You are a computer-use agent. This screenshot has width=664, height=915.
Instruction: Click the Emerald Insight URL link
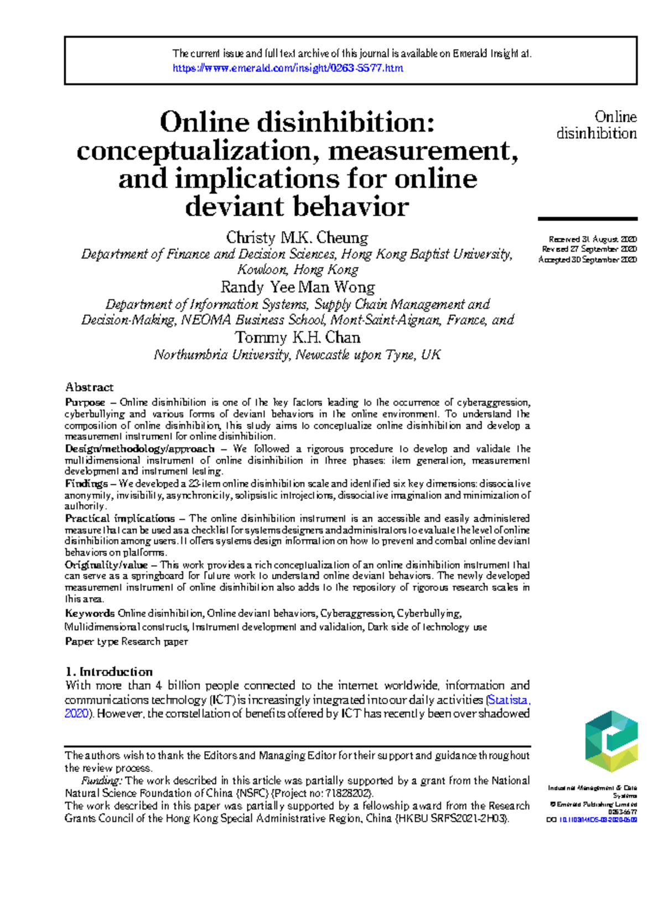coord(288,68)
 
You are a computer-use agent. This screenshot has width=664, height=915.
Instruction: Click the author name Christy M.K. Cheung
coord(297,238)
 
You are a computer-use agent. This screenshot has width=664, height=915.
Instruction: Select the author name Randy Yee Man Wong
coord(298,287)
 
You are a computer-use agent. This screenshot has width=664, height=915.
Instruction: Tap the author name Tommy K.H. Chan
coord(297,337)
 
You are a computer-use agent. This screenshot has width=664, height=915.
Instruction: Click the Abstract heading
coord(89,387)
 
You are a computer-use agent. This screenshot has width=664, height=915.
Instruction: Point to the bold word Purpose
coord(85,402)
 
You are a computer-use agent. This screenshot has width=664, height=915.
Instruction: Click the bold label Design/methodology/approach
coord(139,448)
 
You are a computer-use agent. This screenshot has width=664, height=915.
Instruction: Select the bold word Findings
coord(86,483)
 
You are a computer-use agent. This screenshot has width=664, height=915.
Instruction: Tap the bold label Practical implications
coord(120,518)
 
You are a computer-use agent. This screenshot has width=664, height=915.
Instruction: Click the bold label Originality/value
coord(106,564)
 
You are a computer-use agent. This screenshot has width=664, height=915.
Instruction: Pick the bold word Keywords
coord(90,613)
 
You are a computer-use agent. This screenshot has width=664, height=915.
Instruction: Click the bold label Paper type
coord(92,641)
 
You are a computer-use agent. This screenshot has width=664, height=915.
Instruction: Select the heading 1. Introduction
coord(109,672)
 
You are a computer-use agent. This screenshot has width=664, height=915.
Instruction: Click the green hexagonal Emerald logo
coord(611,741)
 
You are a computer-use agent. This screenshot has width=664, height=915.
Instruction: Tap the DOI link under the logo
coord(598,820)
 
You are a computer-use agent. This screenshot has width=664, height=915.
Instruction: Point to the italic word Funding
coord(102,781)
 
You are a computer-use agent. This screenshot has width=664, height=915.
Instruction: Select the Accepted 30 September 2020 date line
coord(588,259)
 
